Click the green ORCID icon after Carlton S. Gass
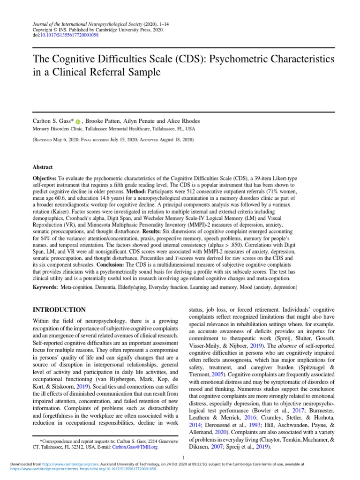click(x=77, y=121)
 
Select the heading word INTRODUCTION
click(x=59, y=310)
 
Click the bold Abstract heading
click(x=43, y=167)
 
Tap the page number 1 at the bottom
click(x=184, y=457)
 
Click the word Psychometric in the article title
click(x=249, y=60)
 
